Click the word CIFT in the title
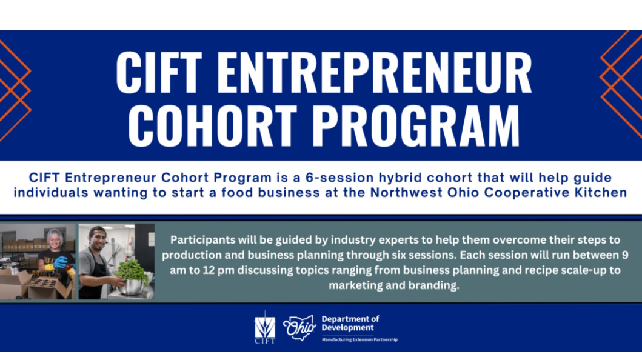159,72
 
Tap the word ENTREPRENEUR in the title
374,72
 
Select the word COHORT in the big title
213,125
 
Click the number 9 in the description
625,255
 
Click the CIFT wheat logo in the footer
265,327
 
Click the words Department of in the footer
350,319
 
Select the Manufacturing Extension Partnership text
359,339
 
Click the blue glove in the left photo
60,262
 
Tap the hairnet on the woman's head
55,235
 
